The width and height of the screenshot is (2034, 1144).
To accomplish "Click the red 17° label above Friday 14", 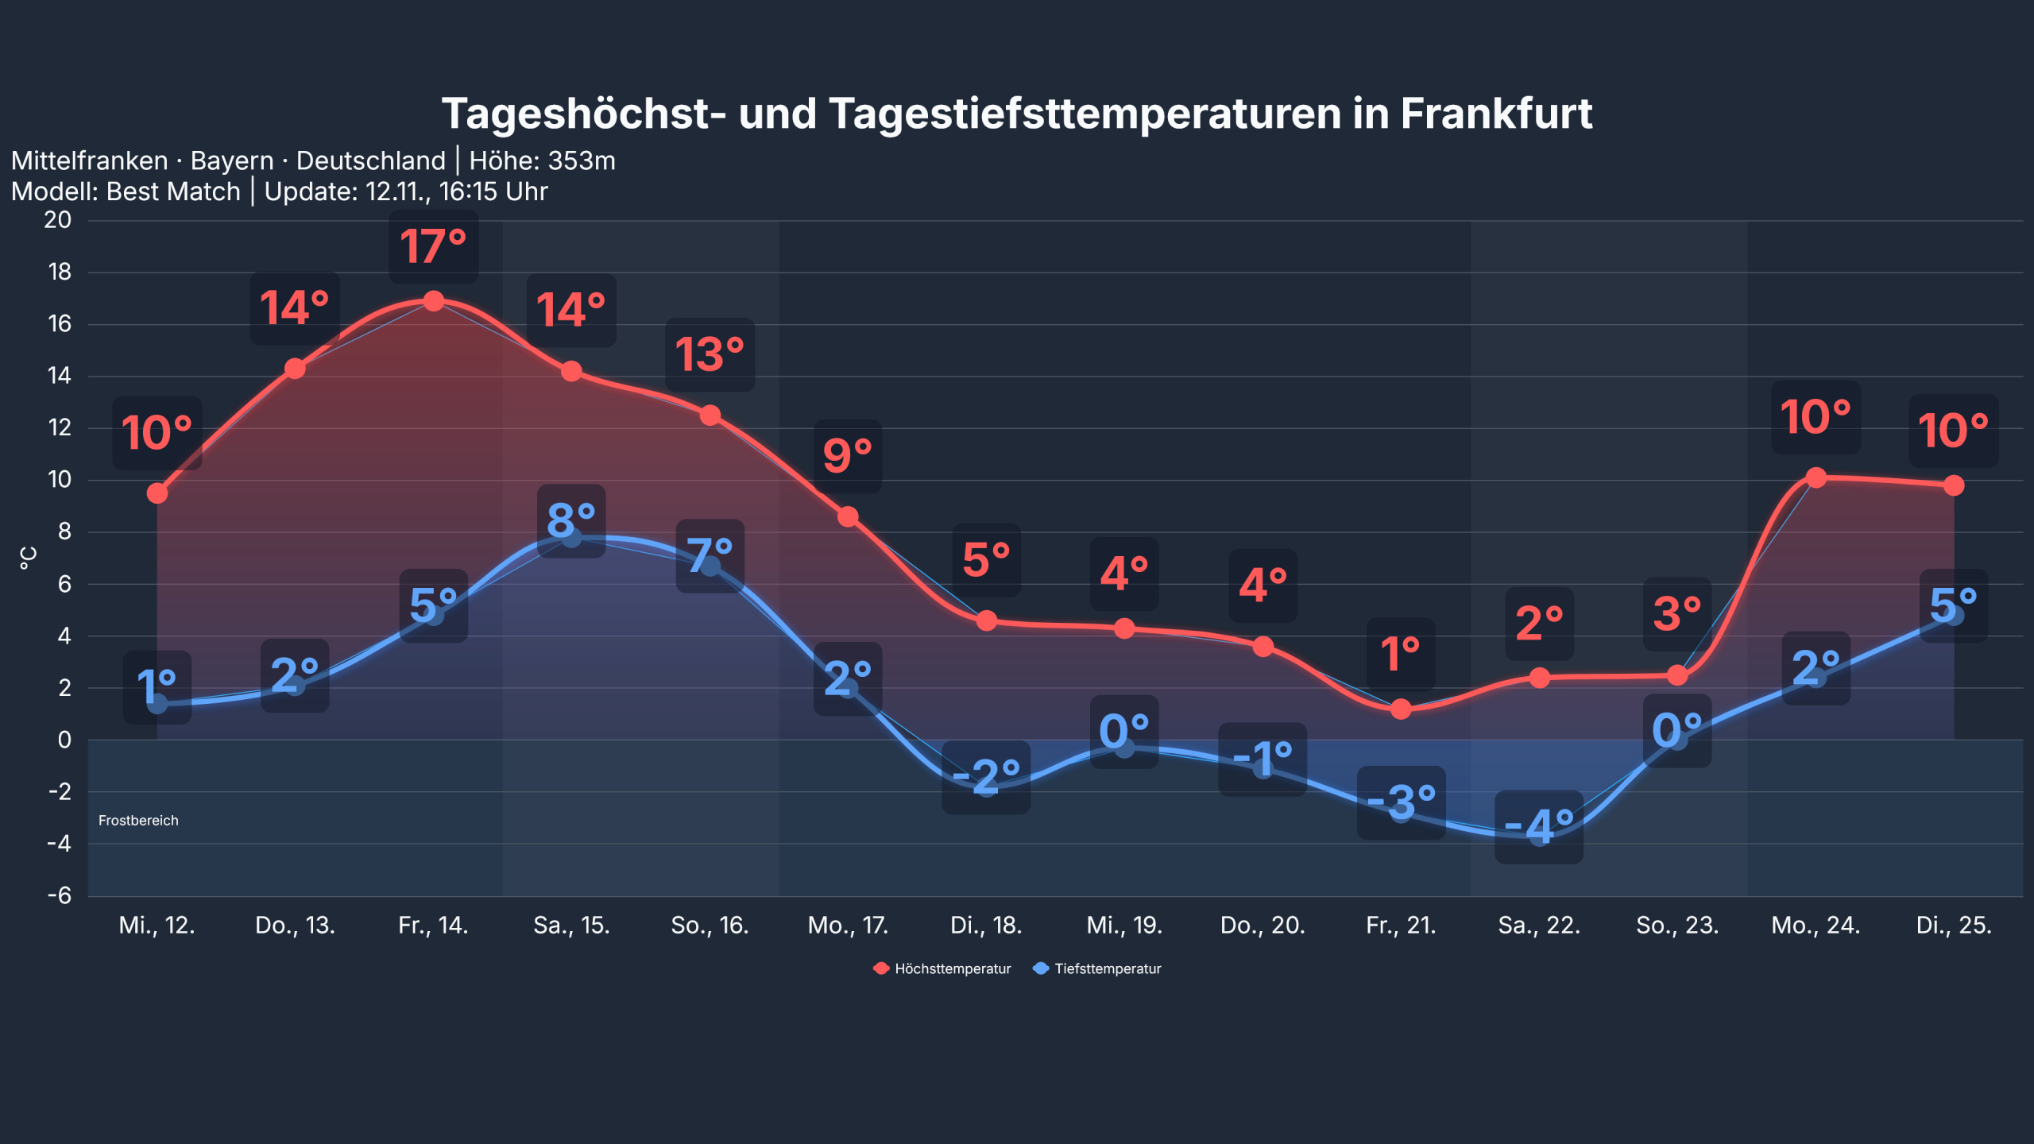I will [x=433, y=246].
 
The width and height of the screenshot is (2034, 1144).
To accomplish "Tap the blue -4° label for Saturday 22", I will [x=1539, y=827].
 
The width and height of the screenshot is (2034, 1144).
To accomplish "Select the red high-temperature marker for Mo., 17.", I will [x=848, y=516].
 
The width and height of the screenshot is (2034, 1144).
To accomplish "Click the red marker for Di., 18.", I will [x=986, y=620].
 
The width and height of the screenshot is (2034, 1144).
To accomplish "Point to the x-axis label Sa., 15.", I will [x=571, y=925].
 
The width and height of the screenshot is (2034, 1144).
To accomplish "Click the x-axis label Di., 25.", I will [x=1954, y=925].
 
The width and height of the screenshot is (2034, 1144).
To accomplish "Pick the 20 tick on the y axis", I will [x=57, y=220].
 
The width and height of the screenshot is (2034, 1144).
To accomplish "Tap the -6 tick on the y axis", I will [x=59, y=895].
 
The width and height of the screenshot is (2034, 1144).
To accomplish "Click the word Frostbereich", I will [x=138, y=821].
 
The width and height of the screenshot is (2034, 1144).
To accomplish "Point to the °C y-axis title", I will [x=28, y=558].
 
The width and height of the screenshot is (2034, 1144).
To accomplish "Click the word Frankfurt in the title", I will [x=1496, y=114].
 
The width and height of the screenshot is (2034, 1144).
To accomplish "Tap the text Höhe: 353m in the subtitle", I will [x=542, y=161].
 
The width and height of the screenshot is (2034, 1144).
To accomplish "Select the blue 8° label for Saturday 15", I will [x=571, y=521].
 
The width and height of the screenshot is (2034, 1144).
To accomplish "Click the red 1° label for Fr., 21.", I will [x=1400, y=654].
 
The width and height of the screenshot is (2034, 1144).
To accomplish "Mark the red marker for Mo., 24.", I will [x=1816, y=477].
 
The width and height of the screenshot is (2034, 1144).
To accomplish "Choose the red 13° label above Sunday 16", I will [x=710, y=354].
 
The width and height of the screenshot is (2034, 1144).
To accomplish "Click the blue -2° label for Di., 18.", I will [x=986, y=777].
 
